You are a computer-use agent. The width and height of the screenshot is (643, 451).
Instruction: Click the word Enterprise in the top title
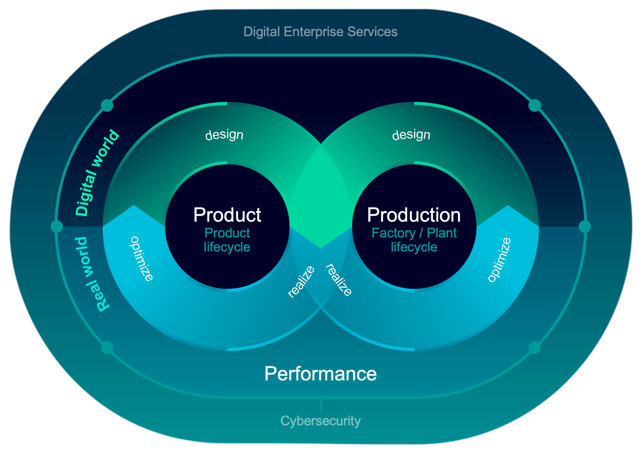tap(313, 32)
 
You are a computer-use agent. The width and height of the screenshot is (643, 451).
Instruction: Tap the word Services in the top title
tap(372, 32)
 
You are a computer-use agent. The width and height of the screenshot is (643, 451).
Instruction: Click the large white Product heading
tap(227, 215)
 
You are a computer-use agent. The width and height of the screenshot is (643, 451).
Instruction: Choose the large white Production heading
tap(414, 215)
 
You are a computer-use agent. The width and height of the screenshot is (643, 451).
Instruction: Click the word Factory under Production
tap(394, 233)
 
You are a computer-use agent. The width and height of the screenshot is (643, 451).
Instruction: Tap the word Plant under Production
tap(442, 233)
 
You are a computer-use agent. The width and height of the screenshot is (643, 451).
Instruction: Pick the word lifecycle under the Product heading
tap(227, 247)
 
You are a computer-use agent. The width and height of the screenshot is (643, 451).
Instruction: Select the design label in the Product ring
tap(224, 135)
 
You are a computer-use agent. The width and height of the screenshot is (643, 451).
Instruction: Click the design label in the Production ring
tap(411, 135)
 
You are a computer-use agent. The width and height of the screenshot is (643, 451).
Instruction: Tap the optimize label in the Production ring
tap(499, 260)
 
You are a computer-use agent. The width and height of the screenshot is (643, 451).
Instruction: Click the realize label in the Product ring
tap(301, 282)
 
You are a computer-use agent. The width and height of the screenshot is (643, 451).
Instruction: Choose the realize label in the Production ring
tap(339, 280)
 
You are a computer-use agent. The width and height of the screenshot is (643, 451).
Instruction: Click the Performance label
tap(320, 374)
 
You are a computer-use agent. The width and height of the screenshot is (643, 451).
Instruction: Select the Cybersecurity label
tap(320, 421)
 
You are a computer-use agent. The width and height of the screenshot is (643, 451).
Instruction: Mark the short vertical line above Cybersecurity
tap(321, 405)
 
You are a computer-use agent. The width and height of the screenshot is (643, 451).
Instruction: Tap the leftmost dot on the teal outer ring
tap(57, 227)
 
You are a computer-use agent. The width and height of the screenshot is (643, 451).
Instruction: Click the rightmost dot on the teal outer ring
tap(585, 227)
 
